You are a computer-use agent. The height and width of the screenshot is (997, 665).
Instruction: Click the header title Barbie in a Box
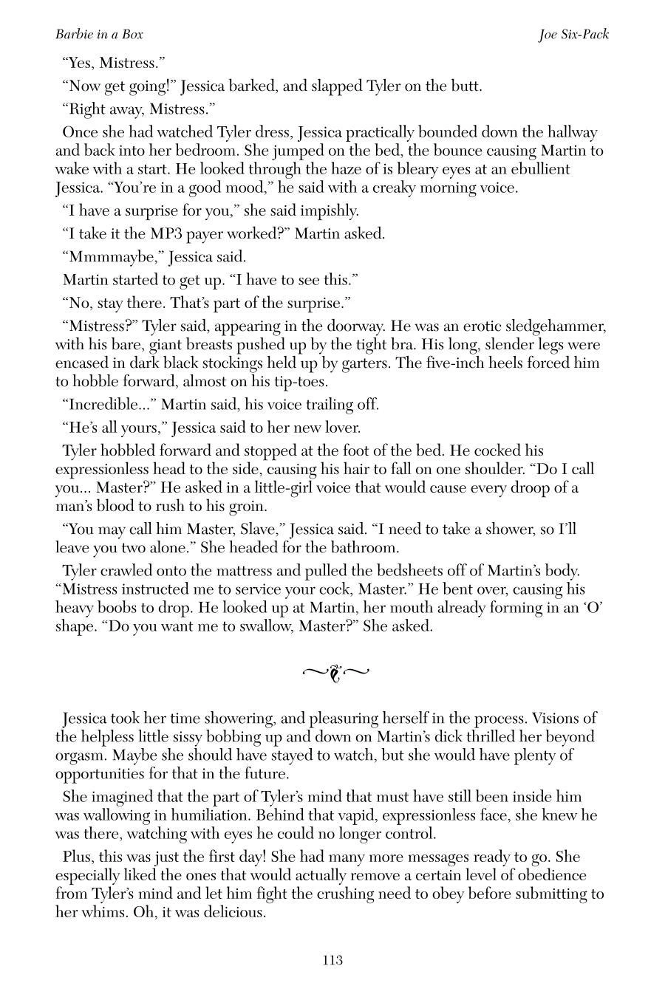coord(99,34)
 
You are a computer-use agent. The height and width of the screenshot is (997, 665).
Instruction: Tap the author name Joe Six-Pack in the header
coord(573,34)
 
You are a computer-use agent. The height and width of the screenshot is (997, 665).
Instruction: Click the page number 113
coord(332,960)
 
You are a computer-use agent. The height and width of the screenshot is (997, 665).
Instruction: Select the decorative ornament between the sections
coord(335,672)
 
